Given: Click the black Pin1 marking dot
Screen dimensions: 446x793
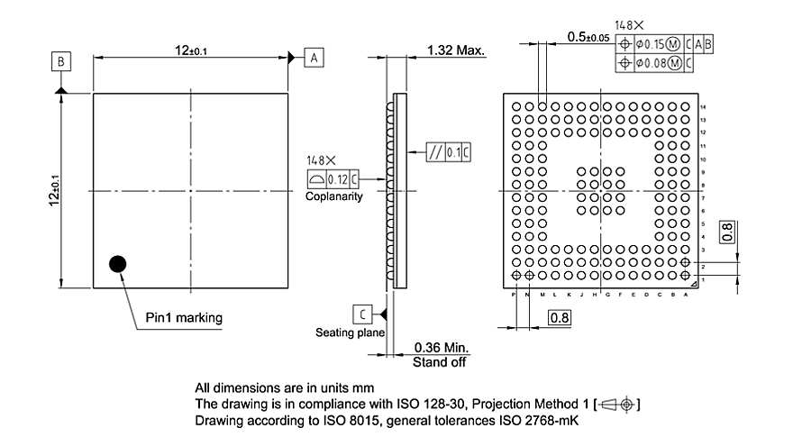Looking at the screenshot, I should (117, 264).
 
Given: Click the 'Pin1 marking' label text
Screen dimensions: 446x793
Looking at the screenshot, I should (184, 317).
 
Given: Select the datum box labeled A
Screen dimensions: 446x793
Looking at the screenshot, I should (314, 58).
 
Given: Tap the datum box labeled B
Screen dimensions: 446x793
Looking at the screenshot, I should (60, 61).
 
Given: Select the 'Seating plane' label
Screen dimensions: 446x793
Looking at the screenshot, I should (350, 332).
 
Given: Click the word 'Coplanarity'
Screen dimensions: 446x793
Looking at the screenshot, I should (333, 196).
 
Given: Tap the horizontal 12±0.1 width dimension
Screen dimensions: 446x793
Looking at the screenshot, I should (190, 50).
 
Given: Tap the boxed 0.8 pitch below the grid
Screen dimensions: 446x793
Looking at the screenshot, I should (559, 317).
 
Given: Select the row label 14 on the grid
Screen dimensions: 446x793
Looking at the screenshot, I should (703, 106).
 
